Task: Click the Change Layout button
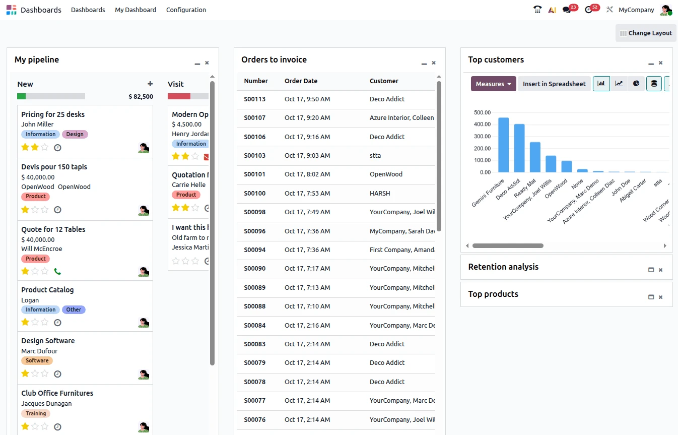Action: (646, 33)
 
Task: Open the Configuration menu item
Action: (186, 10)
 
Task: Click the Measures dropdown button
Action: (493, 84)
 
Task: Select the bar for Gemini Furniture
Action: (503, 145)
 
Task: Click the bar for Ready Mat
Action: (535, 157)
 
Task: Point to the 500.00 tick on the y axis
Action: (482, 112)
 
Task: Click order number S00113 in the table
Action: (254, 99)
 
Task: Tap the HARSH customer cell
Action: (380, 194)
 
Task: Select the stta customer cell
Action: (375, 156)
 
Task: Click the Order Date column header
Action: (301, 81)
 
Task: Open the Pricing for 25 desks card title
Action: (53, 114)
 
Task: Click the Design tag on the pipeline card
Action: (75, 135)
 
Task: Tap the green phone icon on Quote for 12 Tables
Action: (57, 272)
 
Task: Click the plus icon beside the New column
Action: (150, 84)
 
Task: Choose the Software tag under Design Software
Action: (37, 361)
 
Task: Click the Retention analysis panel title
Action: (503, 267)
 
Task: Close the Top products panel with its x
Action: (660, 297)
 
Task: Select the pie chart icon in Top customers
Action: (636, 84)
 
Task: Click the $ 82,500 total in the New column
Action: (141, 97)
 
